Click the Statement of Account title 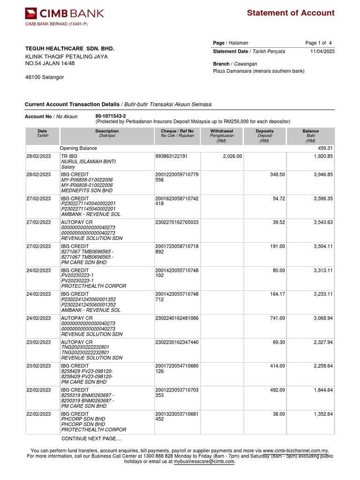291,13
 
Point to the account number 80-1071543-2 111,115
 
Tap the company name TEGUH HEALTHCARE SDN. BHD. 69,49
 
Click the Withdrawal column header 222,131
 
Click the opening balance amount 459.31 325,148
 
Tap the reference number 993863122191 171,156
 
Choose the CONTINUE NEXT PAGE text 91,439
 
